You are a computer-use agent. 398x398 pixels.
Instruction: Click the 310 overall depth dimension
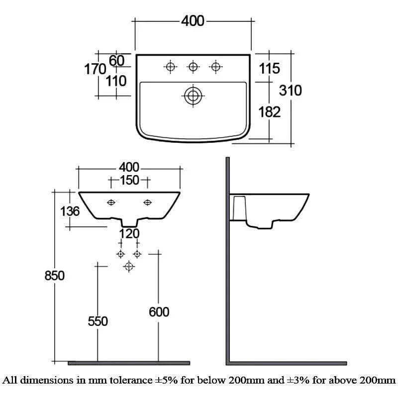[x=290, y=91]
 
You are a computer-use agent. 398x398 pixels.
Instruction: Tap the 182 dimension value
[x=270, y=112]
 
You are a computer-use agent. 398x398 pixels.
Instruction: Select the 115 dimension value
[x=270, y=69]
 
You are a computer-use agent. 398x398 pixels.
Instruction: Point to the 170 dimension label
[x=95, y=69]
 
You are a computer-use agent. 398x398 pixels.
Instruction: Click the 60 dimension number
[x=116, y=61]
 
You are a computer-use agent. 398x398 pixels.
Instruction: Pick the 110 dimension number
[x=116, y=81]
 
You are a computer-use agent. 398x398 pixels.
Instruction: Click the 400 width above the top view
[x=193, y=21]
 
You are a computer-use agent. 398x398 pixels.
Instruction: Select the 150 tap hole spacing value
[x=129, y=181]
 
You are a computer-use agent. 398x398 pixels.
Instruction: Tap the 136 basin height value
[x=70, y=211]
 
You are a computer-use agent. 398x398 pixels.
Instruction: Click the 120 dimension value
[x=129, y=233]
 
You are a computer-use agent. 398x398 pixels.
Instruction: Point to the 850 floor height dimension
[x=55, y=275]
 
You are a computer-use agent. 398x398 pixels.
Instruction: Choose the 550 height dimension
[x=98, y=321]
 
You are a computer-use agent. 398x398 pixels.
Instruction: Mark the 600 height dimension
[x=159, y=312]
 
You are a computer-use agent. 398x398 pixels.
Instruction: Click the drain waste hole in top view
[x=193, y=96]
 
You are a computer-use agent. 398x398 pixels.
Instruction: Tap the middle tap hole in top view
[x=193, y=66]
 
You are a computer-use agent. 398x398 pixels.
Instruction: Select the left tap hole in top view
[x=170, y=66]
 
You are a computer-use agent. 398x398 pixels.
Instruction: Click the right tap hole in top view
[x=215, y=66]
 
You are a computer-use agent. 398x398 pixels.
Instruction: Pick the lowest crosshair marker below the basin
[x=129, y=267]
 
